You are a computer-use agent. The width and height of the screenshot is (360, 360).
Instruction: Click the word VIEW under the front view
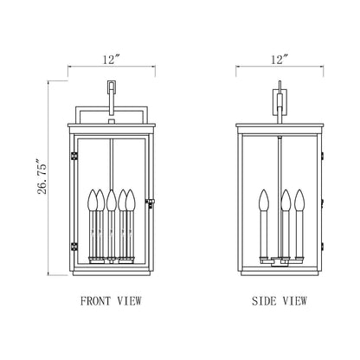(x=129, y=302)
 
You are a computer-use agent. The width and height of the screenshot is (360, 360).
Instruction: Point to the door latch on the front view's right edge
(x=151, y=203)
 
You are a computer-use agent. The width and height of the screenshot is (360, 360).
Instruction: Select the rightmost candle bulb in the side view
(x=299, y=199)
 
